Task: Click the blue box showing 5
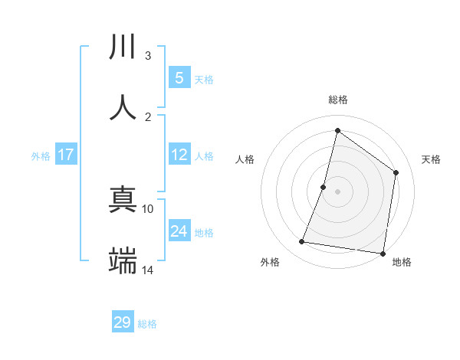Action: tap(179, 78)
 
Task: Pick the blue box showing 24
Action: tap(179, 231)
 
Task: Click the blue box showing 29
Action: tap(123, 322)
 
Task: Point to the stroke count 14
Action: tap(148, 270)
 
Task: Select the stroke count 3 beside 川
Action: tap(148, 55)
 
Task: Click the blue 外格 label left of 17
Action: tap(41, 156)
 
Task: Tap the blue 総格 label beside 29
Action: tap(147, 324)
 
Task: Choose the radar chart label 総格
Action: tap(337, 100)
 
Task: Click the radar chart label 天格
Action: tap(431, 159)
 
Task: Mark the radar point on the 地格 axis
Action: tap(382, 253)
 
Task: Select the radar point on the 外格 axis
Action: tap(302, 242)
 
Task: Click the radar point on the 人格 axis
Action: tap(324, 187)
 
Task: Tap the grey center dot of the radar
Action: tap(337, 191)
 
